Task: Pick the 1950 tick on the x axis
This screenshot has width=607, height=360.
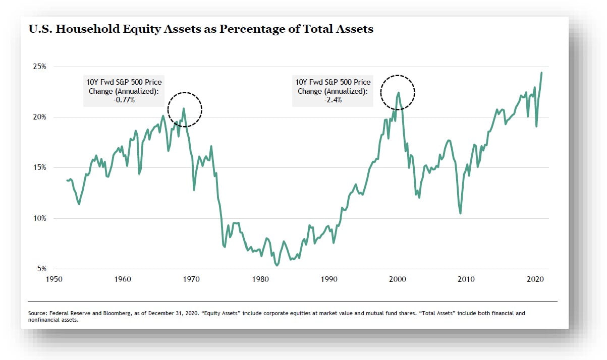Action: pyautogui.click(x=54, y=279)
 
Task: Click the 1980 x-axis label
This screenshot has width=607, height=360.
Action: pyautogui.click(x=260, y=279)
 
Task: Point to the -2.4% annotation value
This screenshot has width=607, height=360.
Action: pyautogui.click(x=334, y=100)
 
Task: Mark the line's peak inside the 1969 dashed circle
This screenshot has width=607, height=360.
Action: pyautogui.click(x=184, y=108)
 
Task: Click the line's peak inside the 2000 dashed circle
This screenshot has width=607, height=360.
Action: pyautogui.click(x=399, y=93)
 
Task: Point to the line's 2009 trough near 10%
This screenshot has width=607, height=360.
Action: pyautogui.click(x=460, y=213)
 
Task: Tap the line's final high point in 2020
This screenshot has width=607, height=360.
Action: pyautogui.click(x=541, y=73)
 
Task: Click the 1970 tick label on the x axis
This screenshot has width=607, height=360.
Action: pyautogui.click(x=192, y=279)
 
